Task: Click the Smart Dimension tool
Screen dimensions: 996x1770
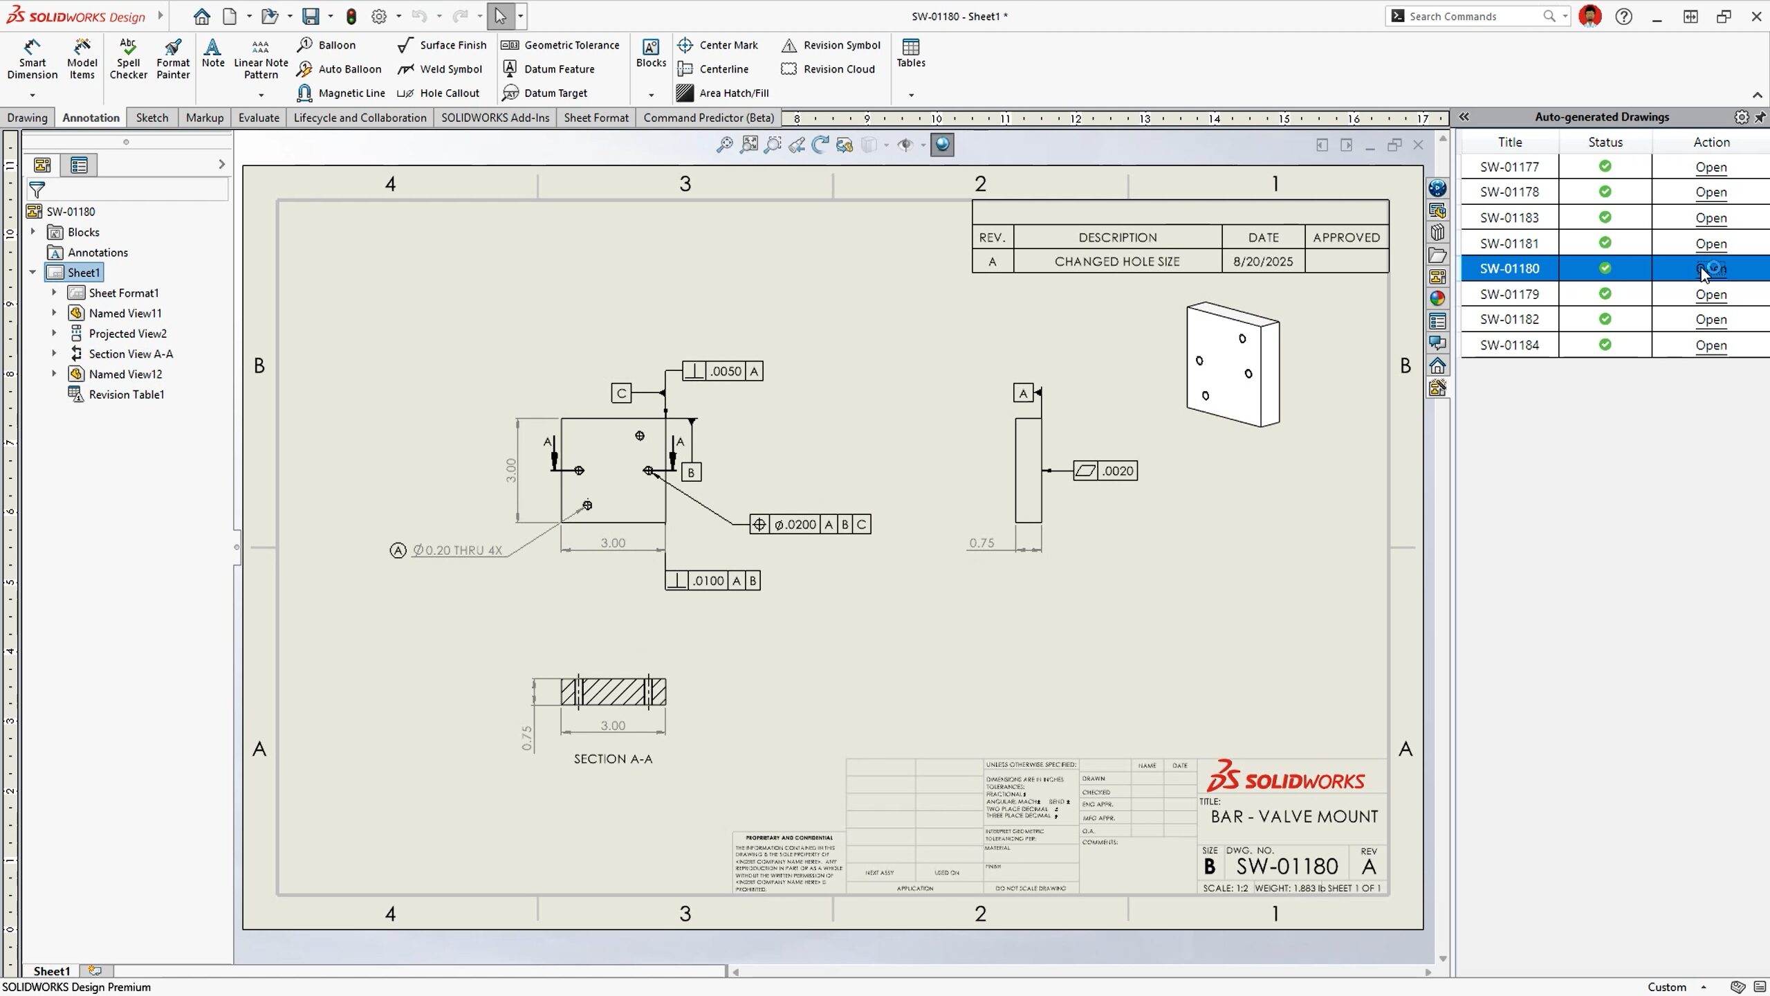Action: tap(32, 59)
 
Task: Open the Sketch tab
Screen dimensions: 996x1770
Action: tap(151, 118)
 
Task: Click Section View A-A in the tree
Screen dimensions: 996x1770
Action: tap(131, 354)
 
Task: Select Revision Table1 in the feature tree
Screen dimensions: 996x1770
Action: tap(126, 395)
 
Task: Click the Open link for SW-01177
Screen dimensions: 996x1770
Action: tap(1711, 167)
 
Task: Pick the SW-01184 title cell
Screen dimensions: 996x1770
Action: tap(1509, 345)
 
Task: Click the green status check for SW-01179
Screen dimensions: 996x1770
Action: tap(1605, 293)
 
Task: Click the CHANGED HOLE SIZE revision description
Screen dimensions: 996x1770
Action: tap(1116, 262)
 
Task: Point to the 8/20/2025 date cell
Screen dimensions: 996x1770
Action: tap(1262, 262)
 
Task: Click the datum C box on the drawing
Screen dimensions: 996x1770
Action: tap(621, 393)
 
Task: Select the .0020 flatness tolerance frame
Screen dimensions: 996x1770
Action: tap(1105, 471)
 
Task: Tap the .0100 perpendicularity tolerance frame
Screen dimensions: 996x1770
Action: tap(712, 581)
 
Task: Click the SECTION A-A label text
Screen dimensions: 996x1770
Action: tap(613, 759)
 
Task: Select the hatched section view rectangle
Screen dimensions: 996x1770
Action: tap(613, 691)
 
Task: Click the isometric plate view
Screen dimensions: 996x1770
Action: tap(1233, 365)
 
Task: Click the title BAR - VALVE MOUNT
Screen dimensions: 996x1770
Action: tap(1293, 817)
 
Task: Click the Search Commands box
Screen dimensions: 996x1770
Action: tap(1473, 16)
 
